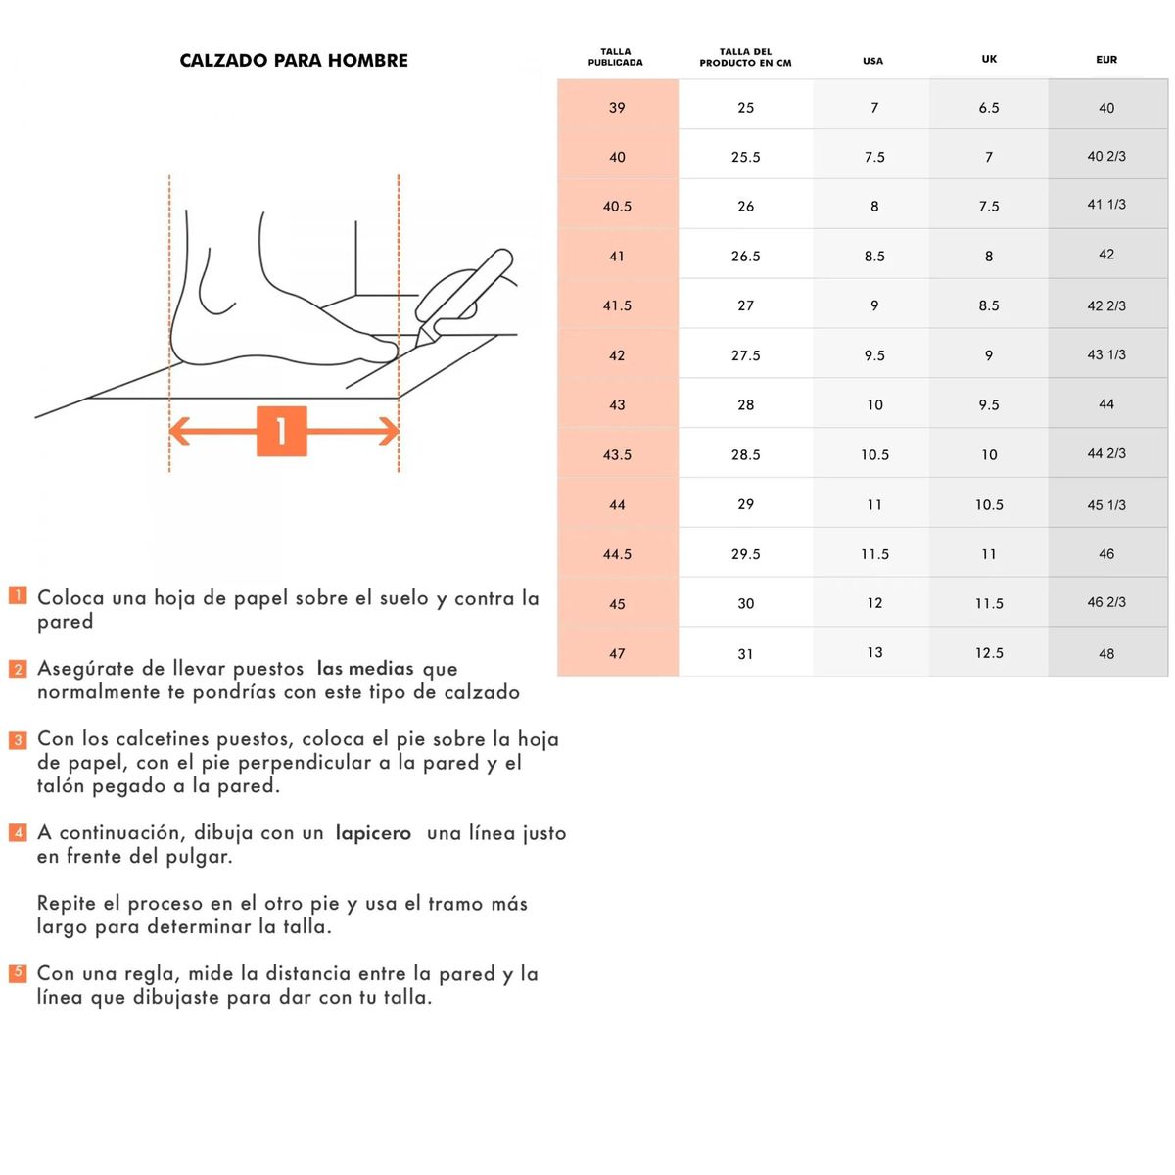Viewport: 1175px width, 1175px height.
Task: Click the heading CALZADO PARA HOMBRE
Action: click(x=294, y=61)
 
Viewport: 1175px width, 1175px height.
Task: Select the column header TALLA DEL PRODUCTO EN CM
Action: click(x=745, y=58)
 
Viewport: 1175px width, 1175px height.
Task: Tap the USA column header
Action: click(x=872, y=61)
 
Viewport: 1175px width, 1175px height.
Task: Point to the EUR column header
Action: click(x=1106, y=60)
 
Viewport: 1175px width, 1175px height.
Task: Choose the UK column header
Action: click(x=989, y=59)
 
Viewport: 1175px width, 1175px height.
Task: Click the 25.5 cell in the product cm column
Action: click(x=745, y=157)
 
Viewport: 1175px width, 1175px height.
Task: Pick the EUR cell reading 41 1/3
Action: click(x=1106, y=205)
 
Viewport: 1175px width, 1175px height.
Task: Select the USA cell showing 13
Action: click(x=874, y=652)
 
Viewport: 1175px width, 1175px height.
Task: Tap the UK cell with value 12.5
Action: click(x=989, y=652)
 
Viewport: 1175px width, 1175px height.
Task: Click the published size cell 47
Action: click(x=617, y=653)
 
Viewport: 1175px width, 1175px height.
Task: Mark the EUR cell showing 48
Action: click(x=1106, y=653)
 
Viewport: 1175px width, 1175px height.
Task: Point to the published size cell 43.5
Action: click(x=617, y=454)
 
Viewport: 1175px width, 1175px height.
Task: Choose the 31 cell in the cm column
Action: click(x=745, y=653)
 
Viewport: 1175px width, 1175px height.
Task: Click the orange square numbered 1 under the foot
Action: click(x=282, y=431)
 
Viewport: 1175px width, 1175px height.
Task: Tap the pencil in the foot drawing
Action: click(x=465, y=294)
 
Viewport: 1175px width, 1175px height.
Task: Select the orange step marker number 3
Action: click(x=18, y=739)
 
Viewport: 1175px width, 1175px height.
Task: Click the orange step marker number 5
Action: click(x=18, y=973)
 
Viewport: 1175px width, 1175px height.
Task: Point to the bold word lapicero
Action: click(x=373, y=833)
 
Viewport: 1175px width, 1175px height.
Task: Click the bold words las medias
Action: click(x=365, y=669)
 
